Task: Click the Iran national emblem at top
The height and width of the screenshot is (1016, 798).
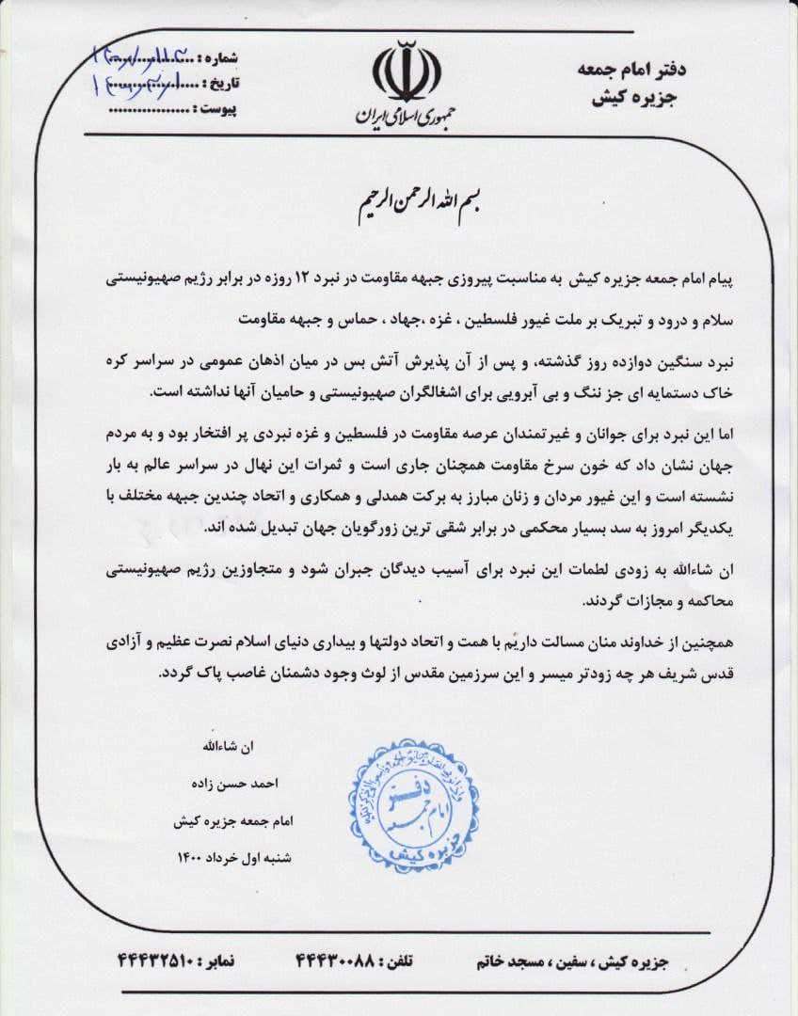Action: tap(406, 73)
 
